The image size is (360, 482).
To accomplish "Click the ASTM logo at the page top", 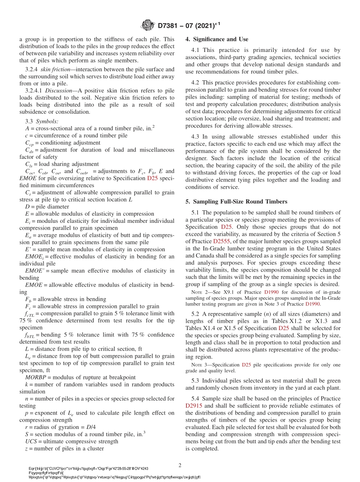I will pyautogui.click(x=148, y=25).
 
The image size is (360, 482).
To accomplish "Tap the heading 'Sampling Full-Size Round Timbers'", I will pyautogui.click(x=239, y=202).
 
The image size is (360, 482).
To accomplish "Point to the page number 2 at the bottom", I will pyautogui.click(x=180, y=465).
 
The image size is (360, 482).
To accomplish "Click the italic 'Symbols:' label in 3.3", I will pyautogui.click(x=47, y=122).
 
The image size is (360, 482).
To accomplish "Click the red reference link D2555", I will pyautogui.click(x=221, y=241).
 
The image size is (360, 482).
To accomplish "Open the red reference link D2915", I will pyautogui.click(x=194, y=405).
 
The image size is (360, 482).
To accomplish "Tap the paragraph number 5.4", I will pyautogui.click(x=196, y=399).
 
